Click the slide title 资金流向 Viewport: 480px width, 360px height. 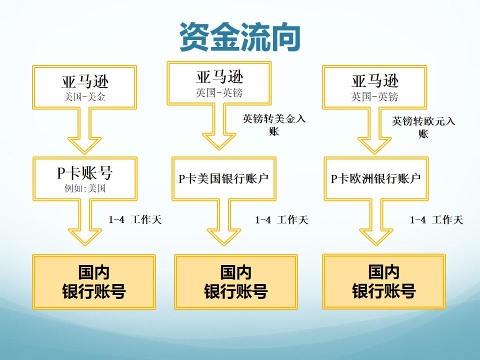[239, 36]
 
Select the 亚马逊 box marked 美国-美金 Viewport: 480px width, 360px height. [84, 87]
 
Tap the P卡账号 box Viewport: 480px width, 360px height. [85, 179]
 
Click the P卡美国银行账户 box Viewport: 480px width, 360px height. [224, 179]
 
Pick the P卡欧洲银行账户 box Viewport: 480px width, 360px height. [376, 179]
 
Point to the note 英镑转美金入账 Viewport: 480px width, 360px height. [274, 124]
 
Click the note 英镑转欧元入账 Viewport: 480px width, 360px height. [423, 127]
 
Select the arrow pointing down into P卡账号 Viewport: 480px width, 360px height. [84, 131]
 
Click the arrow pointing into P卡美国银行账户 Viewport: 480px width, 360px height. [219, 127]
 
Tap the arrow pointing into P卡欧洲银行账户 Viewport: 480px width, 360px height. [374, 131]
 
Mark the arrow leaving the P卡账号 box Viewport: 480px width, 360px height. [85, 222]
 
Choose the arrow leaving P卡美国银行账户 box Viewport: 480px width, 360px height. [224, 222]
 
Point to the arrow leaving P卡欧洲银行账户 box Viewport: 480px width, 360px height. [376, 222]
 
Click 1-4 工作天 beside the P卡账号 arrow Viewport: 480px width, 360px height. [135, 219]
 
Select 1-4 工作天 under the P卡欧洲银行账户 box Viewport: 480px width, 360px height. [436, 219]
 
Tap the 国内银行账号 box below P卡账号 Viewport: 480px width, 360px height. [94, 282]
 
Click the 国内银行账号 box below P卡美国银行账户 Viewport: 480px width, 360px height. [236, 282]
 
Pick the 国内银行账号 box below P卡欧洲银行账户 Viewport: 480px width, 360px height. [384, 281]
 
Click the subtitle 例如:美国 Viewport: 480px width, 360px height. [85, 188]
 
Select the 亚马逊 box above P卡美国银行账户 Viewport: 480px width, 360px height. [219, 83]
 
